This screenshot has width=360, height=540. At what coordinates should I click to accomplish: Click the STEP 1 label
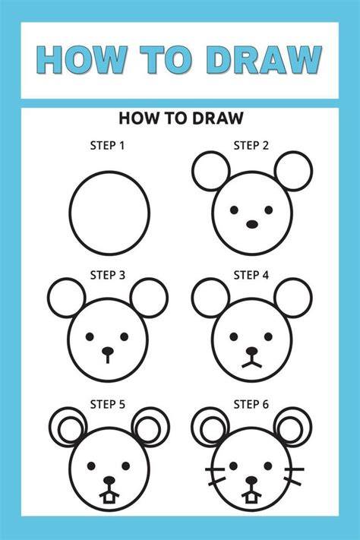[107, 146]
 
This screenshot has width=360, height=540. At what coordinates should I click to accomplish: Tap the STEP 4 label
[251, 275]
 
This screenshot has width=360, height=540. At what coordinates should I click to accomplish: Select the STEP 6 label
[251, 404]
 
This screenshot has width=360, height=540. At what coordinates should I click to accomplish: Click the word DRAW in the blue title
[264, 60]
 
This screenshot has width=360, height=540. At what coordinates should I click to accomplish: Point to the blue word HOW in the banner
[82, 60]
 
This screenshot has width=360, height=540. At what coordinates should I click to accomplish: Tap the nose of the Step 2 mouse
[252, 224]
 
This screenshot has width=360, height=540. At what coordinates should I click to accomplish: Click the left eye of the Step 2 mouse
[234, 210]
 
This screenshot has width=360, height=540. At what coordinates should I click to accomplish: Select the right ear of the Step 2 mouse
[293, 171]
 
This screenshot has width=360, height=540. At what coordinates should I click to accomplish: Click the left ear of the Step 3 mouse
[67, 298]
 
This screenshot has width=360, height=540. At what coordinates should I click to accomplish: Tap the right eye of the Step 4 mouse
[268, 336]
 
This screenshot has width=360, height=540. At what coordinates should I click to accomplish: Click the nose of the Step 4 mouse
[252, 352]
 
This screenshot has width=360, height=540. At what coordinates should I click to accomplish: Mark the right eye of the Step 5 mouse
[126, 466]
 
